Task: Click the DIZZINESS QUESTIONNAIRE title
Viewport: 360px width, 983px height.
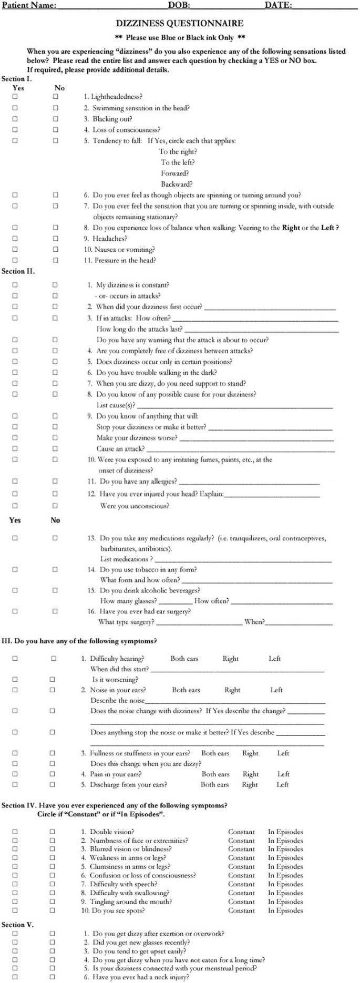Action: (x=179, y=24)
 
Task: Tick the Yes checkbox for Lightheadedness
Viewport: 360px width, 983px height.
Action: (x=15, y=97)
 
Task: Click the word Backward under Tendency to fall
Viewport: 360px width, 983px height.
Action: (x=177, y=184)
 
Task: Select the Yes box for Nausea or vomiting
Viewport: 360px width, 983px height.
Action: (x=15, y=250)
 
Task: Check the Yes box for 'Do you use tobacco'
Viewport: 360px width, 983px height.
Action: (x=15, y=569)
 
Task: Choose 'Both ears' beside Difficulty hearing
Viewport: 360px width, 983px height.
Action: (x=184, y=659)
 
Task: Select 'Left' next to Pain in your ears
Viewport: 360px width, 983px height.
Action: (x=283, y=774)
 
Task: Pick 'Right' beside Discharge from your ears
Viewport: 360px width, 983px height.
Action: (x=250, y=785)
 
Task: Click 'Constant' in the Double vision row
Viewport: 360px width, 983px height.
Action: (x=241, y=832)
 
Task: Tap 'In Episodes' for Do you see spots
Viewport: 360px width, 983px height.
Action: (x=285, y=910)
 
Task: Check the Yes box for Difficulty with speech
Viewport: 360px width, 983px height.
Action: (x=15, y=884)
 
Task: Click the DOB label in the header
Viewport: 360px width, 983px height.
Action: (x=179, y=5)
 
